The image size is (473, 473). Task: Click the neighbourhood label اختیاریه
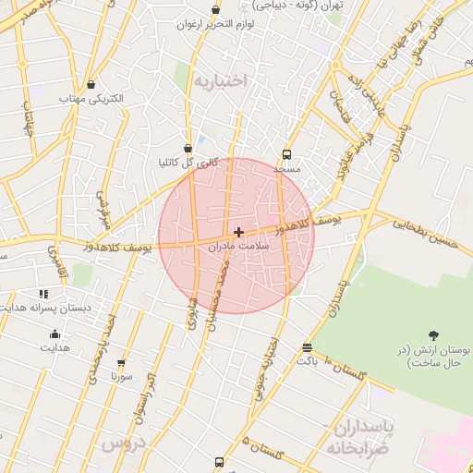point(220,81)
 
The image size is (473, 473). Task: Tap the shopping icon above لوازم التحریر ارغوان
point(215,10)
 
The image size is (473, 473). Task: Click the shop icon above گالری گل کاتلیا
point(188,148)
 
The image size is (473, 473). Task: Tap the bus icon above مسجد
point(287,155)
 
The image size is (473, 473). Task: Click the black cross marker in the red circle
point(239,232)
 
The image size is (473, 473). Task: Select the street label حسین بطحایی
point(426,231)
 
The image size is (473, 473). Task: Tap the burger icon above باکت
point(307,347)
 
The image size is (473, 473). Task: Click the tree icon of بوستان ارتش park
point(434,335)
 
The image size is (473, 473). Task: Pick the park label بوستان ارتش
point(429,358)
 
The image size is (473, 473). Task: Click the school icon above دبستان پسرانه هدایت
point(43,294)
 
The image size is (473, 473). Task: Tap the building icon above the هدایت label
point(55,334)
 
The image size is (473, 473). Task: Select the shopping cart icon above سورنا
point(121,363)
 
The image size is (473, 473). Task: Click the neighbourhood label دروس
point(124,444)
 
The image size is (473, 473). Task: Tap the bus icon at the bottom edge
point(219,462)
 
